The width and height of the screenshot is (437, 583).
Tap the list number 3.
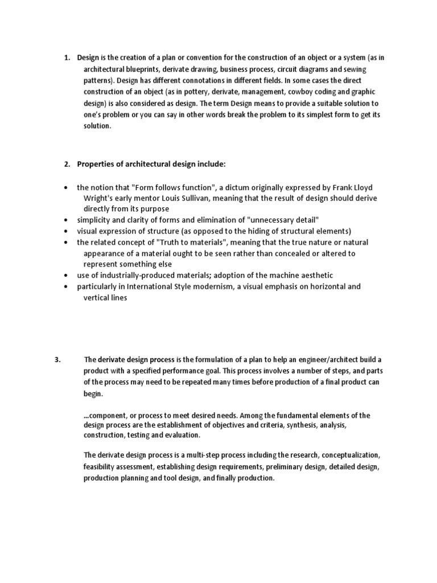(x=57, y=359)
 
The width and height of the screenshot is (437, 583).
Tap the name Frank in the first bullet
(x=324, y=187)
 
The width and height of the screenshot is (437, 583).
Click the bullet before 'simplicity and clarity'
(x=67, y=220)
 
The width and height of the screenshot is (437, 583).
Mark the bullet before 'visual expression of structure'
(x=67, y=231)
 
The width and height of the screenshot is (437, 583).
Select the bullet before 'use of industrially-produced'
(x=67, y=275)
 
